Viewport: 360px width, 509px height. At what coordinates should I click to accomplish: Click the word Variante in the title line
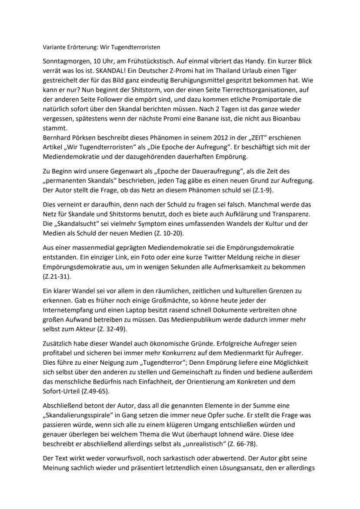[x=55, y=47]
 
